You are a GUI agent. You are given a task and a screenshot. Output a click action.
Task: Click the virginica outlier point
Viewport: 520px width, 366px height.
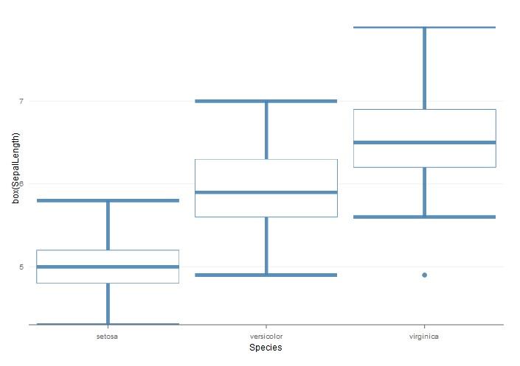point(425,275)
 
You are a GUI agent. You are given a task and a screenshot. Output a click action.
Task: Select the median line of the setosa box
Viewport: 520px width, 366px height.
point(108,267)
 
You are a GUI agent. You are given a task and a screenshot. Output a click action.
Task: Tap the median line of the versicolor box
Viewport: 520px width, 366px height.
point(266,192)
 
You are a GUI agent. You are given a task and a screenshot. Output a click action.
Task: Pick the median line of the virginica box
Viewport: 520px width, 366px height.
point(425,142)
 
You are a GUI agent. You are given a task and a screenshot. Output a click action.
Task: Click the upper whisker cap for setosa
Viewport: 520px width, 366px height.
point(108,200)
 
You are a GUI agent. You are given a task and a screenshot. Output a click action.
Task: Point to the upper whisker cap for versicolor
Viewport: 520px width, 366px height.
point(266,101)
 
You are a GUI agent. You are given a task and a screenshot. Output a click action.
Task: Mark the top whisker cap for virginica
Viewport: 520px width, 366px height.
point(425,27)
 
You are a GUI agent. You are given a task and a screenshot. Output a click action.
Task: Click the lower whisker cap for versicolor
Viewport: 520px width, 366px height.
point(266,275)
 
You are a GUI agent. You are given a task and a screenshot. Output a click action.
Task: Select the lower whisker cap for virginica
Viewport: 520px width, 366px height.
point(425,217)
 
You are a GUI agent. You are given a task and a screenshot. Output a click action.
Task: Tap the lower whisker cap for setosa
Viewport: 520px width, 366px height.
point(108,323)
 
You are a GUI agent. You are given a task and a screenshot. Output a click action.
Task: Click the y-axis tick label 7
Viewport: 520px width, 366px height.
point(21,101)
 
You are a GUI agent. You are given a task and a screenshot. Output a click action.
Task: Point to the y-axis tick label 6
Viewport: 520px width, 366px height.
point(21,184)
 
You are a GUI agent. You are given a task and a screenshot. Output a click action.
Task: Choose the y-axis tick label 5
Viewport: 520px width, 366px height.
point(21,267)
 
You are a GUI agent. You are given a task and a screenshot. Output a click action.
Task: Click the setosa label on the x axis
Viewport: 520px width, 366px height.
point(108,336)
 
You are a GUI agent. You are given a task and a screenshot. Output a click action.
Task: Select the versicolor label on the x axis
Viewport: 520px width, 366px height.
point(266,336)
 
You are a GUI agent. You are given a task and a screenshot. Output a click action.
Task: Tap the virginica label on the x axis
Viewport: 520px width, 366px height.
point(425,336)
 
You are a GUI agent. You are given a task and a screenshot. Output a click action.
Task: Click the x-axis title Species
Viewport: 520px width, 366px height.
point(266,348)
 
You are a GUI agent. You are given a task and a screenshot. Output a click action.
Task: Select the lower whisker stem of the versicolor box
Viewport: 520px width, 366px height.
point(266,246)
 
